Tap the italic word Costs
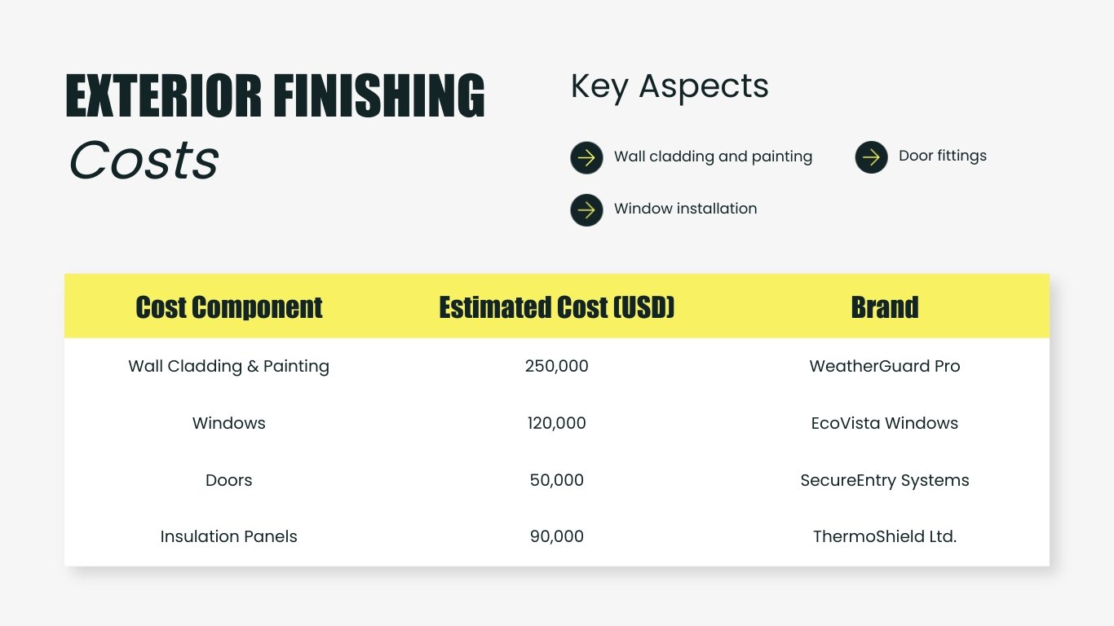point(144,160)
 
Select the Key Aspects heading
point(669,86)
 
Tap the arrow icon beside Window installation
point(586,209)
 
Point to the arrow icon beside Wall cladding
point(586,157)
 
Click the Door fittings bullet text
point(942,156)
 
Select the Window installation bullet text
point(685,209)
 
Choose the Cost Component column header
point(229,307)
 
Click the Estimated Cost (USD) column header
point(557,307)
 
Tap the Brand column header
point(885,307)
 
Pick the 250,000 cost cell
point(557,366)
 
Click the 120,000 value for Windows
point(557,423)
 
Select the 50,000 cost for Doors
point(557,480)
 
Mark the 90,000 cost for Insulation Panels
point(557,536)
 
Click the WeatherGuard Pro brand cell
point(885,366)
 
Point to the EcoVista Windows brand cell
point(885,423)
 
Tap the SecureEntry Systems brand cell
point(885,480)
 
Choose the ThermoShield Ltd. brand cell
point(885,536)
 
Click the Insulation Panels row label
point(229,536)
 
